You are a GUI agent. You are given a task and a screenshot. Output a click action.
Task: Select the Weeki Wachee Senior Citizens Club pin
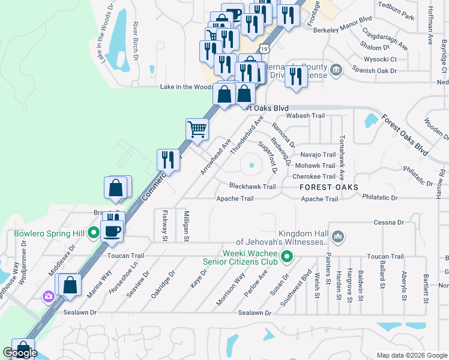click(287, 258)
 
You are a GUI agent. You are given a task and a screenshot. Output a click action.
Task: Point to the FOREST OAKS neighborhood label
click(329, 188)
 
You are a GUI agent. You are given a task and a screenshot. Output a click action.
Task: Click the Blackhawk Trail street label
click(252, 187)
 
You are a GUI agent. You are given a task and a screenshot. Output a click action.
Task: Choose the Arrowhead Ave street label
click(216, 157)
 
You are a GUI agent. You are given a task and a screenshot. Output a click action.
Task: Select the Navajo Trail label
click(318, 155)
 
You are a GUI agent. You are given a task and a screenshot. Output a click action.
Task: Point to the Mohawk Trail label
click(315, 166)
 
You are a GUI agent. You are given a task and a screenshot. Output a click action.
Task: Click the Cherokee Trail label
click(314, 176)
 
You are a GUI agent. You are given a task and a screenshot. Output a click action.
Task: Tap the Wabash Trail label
click(306, 116)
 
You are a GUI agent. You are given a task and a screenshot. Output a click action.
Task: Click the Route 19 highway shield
click(265, 47)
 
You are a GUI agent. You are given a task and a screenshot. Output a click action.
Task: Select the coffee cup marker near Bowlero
click(112, 230)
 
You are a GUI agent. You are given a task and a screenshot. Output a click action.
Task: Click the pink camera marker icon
click(47, 296)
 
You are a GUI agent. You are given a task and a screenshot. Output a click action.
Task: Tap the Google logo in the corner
click(20, 353)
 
